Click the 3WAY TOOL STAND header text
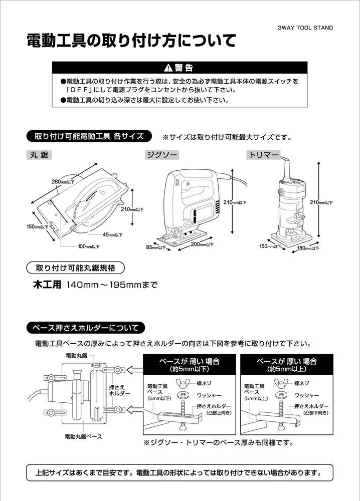305,28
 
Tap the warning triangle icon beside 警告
168,68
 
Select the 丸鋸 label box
39,155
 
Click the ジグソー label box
162,155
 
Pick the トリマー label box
263,155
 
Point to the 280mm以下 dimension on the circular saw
63,182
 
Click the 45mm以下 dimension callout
112,235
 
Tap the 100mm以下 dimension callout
89,246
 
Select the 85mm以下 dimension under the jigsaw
156,247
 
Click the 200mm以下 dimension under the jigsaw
202,244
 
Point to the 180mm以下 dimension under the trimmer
308,248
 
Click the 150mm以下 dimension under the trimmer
270,246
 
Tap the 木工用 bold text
47,285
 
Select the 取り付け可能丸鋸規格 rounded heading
75,268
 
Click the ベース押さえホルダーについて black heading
86,328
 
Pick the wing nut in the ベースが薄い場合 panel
183,382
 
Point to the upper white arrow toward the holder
135,370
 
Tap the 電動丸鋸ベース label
83,436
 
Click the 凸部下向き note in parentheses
316,413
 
